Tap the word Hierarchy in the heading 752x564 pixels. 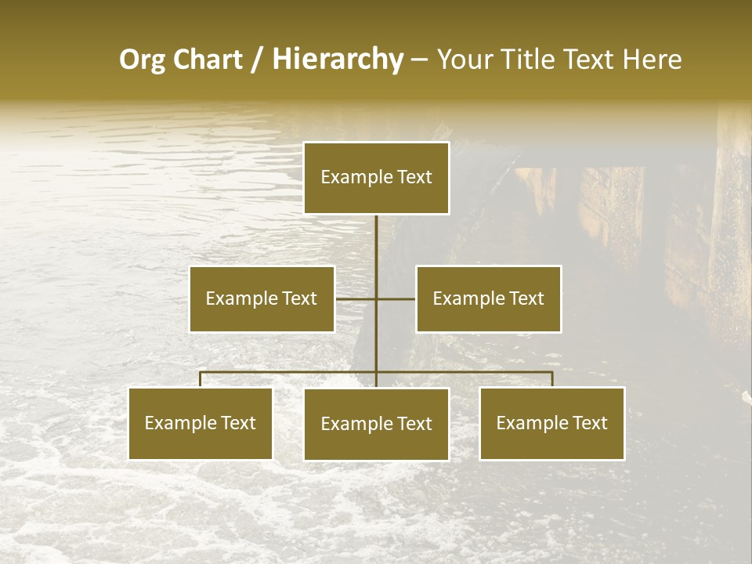338,60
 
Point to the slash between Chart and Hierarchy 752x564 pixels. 257,60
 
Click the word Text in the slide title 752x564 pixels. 587,60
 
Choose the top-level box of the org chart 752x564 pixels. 376,178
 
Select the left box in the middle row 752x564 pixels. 262,298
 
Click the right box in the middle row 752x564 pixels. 489,298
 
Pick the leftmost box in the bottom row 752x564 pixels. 201,423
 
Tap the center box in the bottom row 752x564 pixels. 376,424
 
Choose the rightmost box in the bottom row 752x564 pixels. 552,423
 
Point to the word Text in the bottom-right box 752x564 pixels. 589,423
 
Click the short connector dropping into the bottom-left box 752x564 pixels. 201,379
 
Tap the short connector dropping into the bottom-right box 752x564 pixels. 552,379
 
